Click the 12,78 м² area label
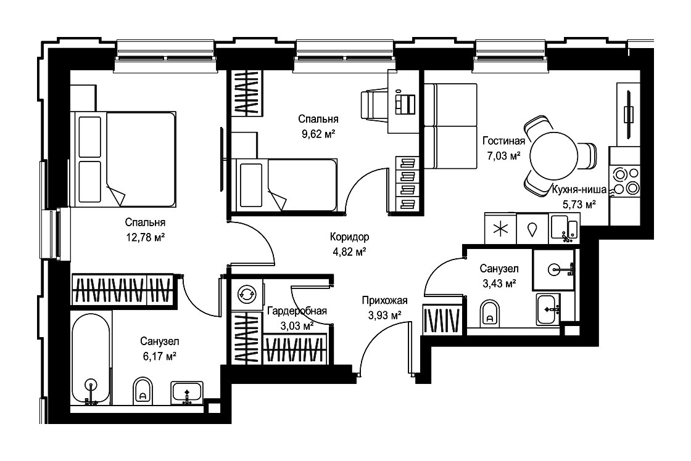click(146, 238)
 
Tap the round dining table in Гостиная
click(553, 156)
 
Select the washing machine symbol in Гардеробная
click(247, 294)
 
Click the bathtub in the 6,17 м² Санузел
click(91, 359)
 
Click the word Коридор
click(349, 237)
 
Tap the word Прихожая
click(385, 301)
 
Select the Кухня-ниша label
click(579, 190)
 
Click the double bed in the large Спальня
click(126, 159)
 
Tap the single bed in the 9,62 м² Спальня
click(287, 185)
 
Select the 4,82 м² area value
click(349, 252)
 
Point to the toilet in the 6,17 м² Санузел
click(142, 390)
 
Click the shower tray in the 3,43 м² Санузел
click(554, 269)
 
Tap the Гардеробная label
click(297, 311)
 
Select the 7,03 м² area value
click(502, 156)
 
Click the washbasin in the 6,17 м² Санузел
click(187, 392)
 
